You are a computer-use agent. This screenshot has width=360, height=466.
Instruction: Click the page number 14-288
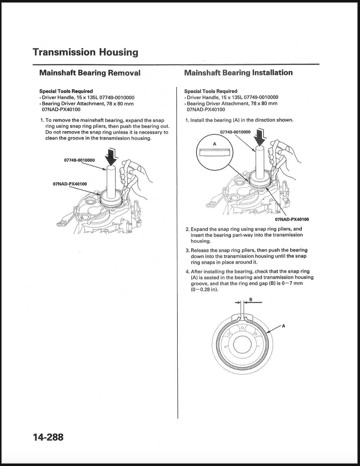pyautogui.click(x=48, y=437)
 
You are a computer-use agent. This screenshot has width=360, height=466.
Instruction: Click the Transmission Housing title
pyautogui.click(x=85, y=52)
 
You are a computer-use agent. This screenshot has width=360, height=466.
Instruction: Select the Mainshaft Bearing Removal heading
pyautogui.click(x=90, y=72)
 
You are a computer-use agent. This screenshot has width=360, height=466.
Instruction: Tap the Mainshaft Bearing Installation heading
pyautogui.click(x=238, y=72)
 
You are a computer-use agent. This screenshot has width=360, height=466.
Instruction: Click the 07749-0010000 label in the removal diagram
pyautogui.click(x=79, y=160)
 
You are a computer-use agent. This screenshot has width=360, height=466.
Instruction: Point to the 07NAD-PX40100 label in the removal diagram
pyautogui.click(x=70, y=184)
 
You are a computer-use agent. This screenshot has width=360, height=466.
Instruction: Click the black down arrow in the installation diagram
pyautogui.click(x=260, y=137)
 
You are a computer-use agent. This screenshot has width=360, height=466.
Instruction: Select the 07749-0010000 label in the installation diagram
pyautogui.click(x=235, y=132)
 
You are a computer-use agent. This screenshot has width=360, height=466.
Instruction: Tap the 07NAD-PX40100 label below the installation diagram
pyautogui.click(x=292, y=219)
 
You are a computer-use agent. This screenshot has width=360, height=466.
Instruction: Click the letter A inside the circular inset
pyautogui.click(x=214, y=144)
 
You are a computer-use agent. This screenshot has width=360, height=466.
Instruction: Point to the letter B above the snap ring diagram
pyautogui.click(x=250, y=299)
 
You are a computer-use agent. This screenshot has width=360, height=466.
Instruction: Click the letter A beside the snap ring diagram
pyautogui.click(x=283, y=325)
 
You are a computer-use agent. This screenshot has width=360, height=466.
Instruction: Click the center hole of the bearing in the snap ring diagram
pyautogui.click(x=242, y=345)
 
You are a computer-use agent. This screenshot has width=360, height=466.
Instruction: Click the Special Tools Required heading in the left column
pyautogui.click(x=66, y=91)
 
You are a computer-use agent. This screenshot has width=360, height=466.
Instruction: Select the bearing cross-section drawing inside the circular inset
pyautogui.click(x=215, y=152)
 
